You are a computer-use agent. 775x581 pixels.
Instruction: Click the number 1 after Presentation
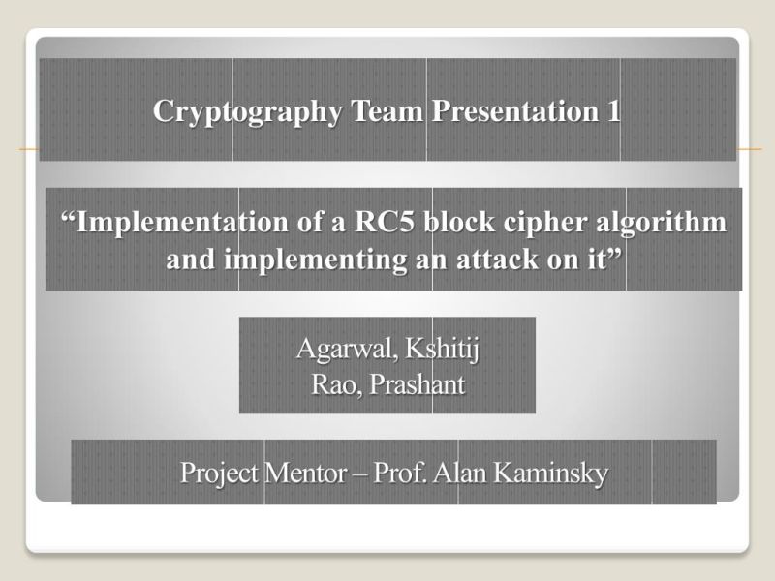[x=613, y=111]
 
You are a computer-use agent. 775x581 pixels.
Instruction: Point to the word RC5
[x=385, y=223]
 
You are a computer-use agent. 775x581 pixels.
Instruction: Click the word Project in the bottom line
[x=218, y=474]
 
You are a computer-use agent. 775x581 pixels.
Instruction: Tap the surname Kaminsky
[x=550, y=474]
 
